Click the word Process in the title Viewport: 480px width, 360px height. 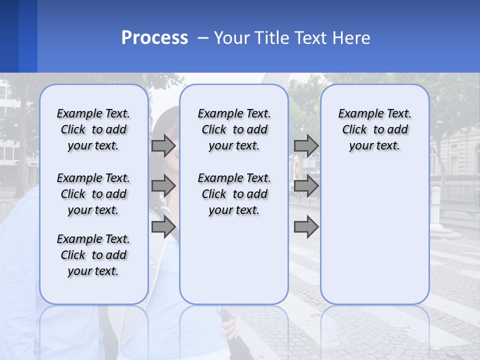154,37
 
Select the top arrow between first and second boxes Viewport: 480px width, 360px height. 163,145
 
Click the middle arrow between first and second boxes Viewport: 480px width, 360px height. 163,186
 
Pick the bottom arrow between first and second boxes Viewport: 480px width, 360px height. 163,227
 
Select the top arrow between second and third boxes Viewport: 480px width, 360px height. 306,145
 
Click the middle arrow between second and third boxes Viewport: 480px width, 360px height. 306,186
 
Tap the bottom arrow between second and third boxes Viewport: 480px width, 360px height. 306,227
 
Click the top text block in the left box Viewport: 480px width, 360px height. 93,129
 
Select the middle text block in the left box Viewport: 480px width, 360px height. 93,194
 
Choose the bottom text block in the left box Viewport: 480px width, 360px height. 93,255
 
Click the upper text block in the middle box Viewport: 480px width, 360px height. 234,129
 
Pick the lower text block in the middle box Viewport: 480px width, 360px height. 234,194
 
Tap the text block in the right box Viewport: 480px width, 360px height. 374,129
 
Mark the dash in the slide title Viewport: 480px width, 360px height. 203,37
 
